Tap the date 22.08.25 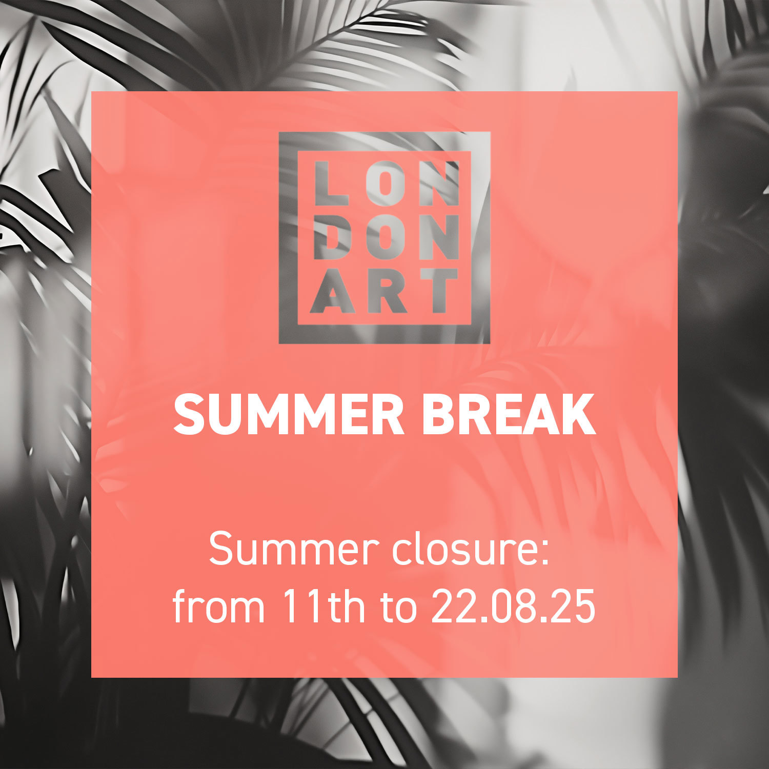513,606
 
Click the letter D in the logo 331,237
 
